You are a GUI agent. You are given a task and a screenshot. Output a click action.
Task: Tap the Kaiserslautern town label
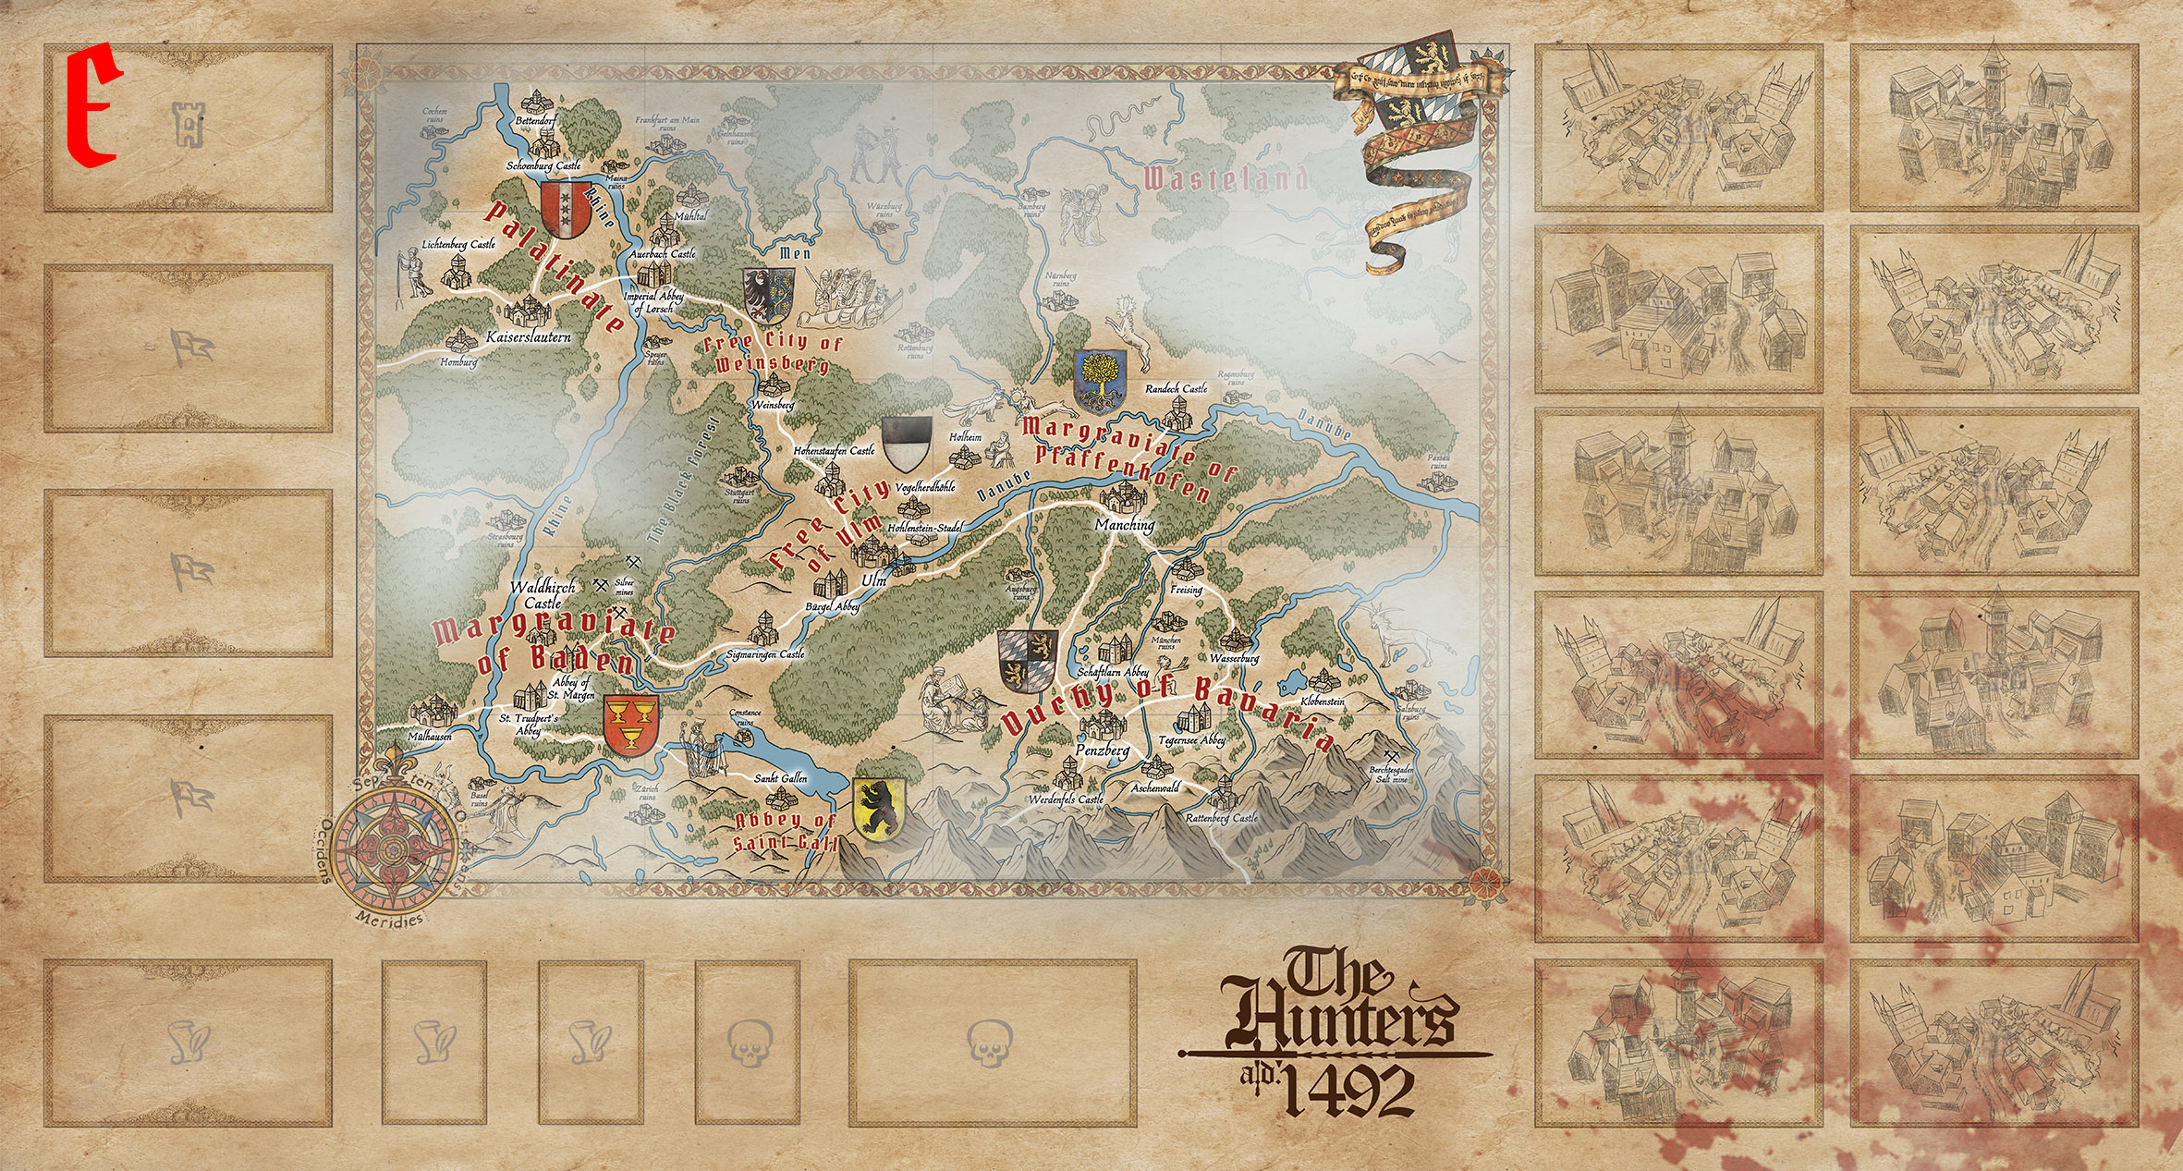(x=529, y=337)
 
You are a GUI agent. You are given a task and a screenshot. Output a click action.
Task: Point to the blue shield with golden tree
(x=1100, y=382)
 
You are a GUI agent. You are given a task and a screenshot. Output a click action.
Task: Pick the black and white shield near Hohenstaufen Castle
(x=907, y=444)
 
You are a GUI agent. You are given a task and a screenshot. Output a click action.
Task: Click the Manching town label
(x=1125, y=524)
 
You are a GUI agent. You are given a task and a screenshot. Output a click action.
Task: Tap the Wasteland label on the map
(x=1226, y=178)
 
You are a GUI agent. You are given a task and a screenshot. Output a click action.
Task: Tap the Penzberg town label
(x=1102, y=750)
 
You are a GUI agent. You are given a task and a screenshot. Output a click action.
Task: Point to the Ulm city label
(x=873, y=580)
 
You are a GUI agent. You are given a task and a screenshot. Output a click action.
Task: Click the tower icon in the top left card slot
(x=188, y=125)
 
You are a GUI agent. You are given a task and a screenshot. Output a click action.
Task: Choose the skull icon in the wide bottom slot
(x=990, y=1043)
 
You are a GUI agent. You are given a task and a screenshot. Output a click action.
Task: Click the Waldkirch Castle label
(x=543, y=594)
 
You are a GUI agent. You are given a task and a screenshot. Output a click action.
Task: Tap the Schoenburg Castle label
(x=543, y=166)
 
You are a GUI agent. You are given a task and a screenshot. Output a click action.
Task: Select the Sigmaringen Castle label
(x=765, y=654)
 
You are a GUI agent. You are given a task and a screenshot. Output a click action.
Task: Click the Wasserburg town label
(x=1234, y=659)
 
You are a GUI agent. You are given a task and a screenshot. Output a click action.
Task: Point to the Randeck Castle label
(x=1176, y=389)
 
